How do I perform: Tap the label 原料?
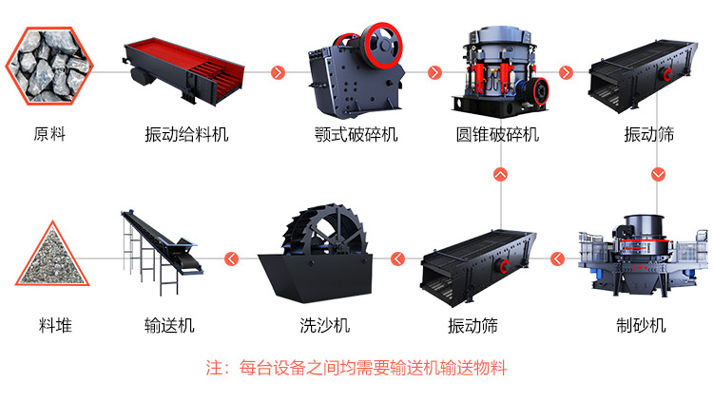pos(49,135)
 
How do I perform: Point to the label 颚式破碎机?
pos(356,135)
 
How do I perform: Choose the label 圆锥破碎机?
pos(497,135)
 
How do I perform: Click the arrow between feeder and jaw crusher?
pos(279,72)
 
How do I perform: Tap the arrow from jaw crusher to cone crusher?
pos(434,72)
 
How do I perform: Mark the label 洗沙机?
pos(324,326)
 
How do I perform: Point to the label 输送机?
pos(169,326)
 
